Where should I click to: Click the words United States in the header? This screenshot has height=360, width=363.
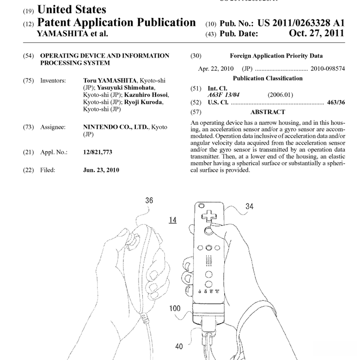point(72,9)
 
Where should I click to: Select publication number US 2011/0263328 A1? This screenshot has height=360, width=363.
point(301,23)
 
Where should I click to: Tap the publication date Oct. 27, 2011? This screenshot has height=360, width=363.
point(316,34)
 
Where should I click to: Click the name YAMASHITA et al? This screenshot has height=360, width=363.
point(72,34)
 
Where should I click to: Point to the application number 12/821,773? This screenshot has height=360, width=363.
point(97,152)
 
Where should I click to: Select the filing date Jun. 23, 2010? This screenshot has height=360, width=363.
point(101,170)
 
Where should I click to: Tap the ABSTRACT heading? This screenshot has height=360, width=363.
point(267,112)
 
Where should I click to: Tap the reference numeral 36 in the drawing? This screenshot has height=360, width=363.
point(149,200)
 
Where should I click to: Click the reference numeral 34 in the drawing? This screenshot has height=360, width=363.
point(249,207)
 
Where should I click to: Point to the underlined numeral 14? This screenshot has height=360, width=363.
point(172,220)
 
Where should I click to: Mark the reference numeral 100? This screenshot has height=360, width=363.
point(175,308)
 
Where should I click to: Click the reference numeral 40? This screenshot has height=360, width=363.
point(178,346)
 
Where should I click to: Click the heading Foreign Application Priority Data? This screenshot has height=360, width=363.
point(276,56)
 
